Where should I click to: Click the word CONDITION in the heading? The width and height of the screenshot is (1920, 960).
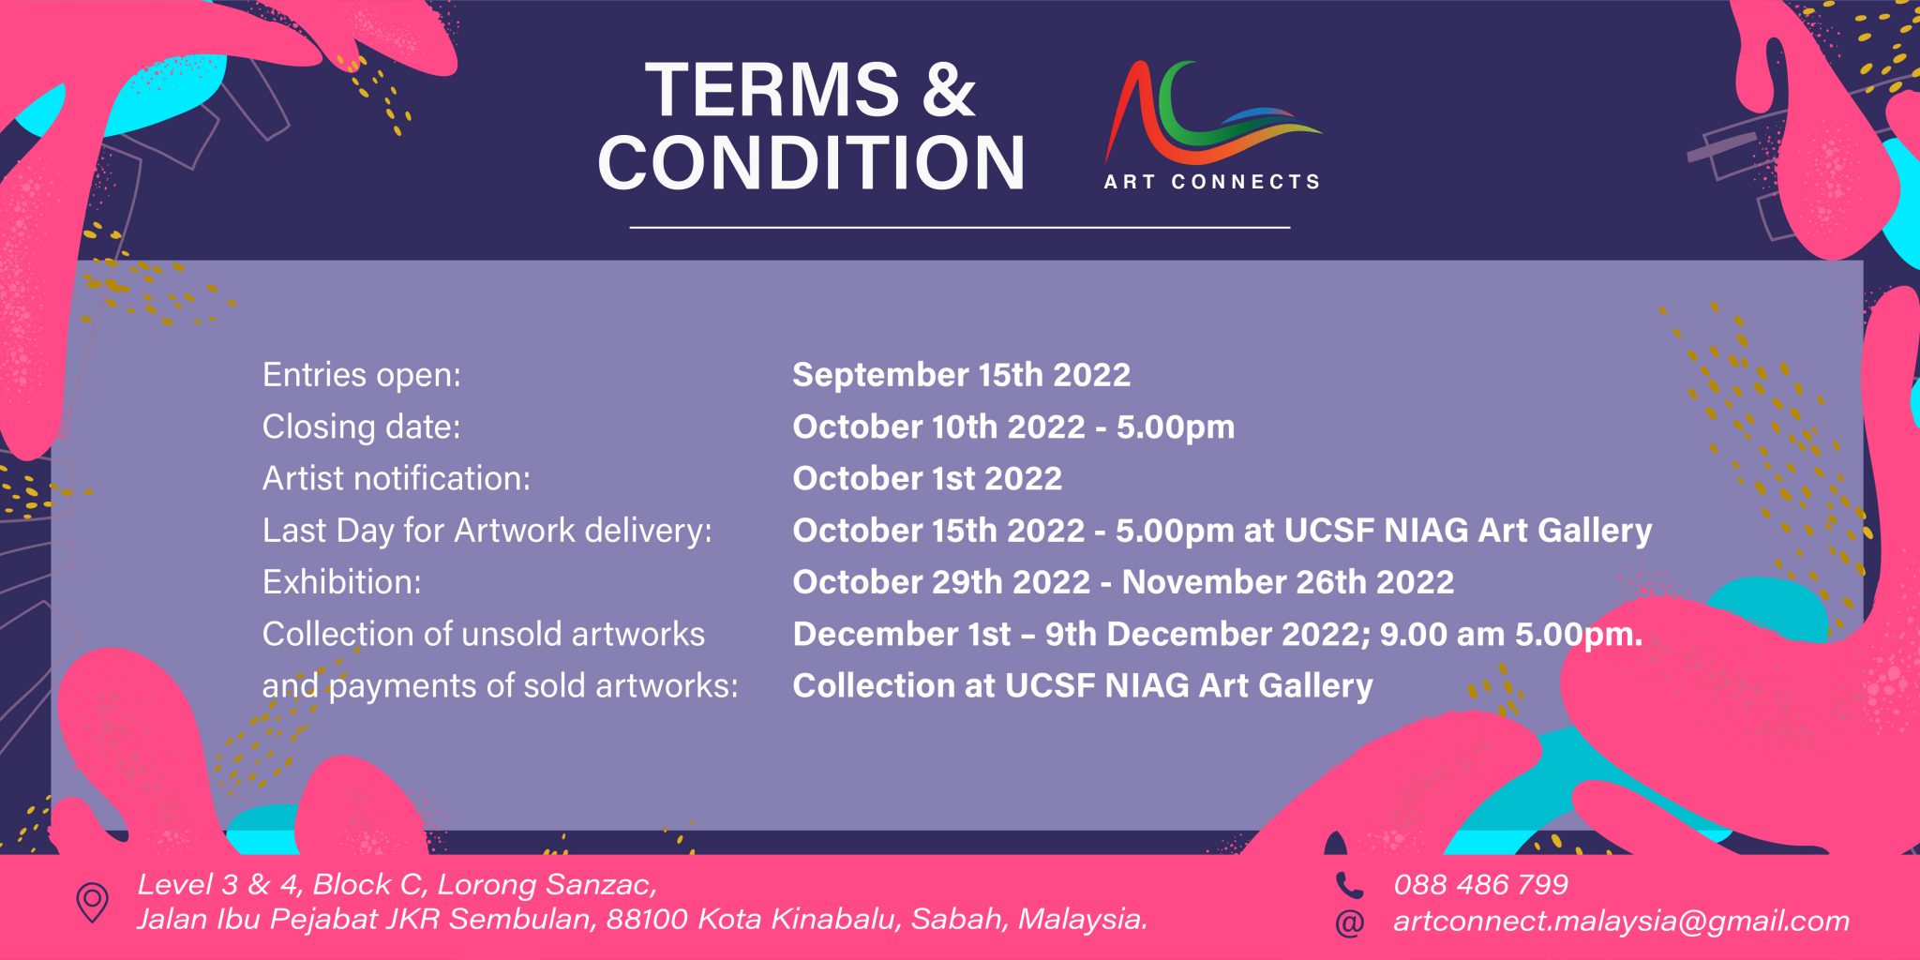point(812,162)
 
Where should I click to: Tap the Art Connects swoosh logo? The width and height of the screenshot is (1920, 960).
point(1209,114)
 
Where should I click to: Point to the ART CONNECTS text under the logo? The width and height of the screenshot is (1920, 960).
point(1211,182)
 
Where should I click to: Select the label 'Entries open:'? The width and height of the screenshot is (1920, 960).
point(362,375)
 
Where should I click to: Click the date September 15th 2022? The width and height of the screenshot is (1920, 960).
point(961,375)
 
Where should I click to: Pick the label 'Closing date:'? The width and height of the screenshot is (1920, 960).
point(361,427)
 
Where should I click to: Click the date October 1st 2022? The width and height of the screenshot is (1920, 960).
point(927,478)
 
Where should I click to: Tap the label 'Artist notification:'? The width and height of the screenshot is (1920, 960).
point(396,478)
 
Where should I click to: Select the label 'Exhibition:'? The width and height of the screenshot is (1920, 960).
point(341,582)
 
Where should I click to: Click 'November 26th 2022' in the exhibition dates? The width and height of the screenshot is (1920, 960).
point(1287,582)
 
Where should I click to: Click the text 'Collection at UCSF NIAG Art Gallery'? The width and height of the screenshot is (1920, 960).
point(1082,685)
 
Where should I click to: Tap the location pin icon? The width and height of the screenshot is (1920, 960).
point(92,902)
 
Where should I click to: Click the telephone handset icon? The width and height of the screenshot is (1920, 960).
point(1348,885)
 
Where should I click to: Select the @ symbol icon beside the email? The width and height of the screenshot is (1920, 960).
point(1348,922)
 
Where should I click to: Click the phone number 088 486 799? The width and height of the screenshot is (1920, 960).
point(1480,884)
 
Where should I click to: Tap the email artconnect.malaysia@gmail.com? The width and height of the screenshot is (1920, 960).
point(1621,921)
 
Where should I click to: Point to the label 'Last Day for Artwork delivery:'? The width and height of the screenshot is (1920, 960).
point(487,531)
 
